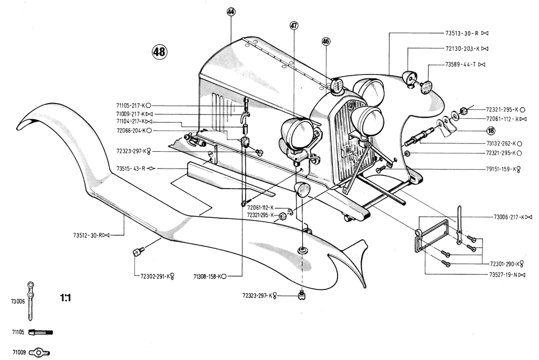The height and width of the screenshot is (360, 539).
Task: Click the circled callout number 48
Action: pyautogui.click(x=159, y=52)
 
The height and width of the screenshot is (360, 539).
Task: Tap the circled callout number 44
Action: pyautogui.click(x=231, y=12)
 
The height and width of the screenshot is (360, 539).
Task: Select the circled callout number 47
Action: pyautogui.click(x=294, y=25)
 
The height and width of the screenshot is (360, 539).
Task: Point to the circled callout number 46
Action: pyautogui.click(x=326, y=41)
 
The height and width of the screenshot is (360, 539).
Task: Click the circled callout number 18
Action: pyautogui.click(x=490, y=130)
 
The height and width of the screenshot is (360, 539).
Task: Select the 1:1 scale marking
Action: pyautogui.click(x=65, y=297)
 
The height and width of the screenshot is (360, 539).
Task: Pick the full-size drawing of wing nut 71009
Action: pyautogui.click(x=39, y=352)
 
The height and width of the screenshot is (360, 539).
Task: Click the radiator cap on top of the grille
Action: pyautogui.click(x=336, y=85)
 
